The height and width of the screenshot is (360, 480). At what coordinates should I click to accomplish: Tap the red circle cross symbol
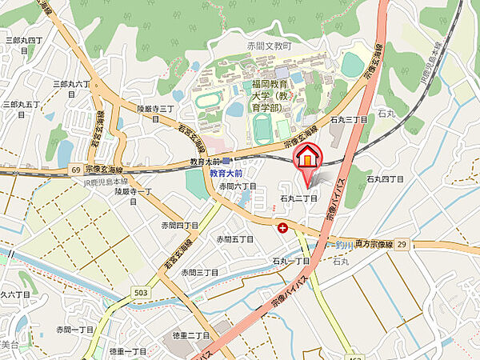[x=282, y=228]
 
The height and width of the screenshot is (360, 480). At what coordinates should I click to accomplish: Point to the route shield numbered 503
[x=141, y=293]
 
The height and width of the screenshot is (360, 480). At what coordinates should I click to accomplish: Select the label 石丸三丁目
[x=349, y=119]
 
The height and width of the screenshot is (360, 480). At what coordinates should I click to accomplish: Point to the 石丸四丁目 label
[x=386, y=180]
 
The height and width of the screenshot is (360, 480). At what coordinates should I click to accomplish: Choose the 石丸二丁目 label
[x=299, y=198]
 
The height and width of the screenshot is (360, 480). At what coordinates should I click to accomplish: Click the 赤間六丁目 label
[x=238, y=186]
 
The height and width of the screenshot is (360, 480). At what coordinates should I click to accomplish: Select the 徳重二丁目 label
[x=190, y=336]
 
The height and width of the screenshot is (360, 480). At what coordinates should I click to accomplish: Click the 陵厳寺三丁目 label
[x=155, y=109]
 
